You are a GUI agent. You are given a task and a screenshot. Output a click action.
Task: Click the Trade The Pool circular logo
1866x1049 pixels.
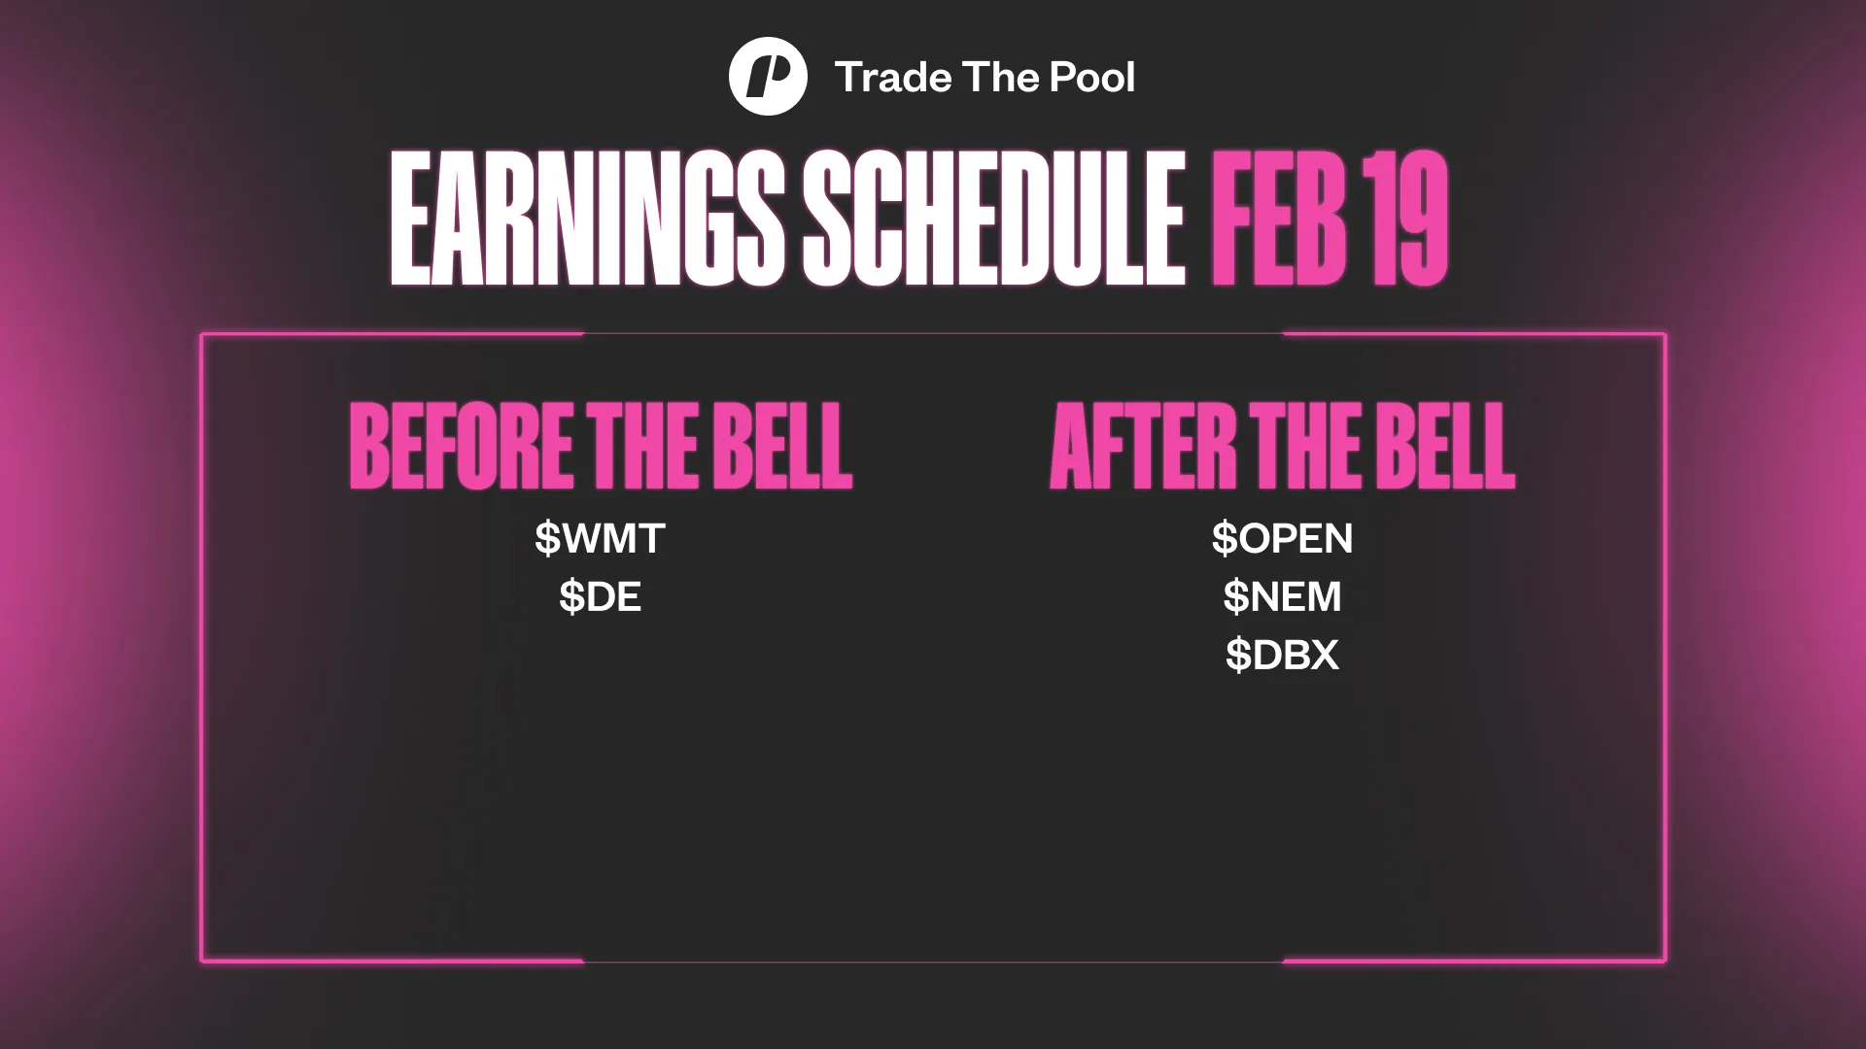coord(768,77)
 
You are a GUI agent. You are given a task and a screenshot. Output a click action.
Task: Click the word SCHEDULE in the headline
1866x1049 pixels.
coord(993,220)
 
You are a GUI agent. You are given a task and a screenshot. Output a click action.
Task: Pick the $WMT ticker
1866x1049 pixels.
coord(600,538)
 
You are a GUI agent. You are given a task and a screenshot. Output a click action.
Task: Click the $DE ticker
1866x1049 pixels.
coord(600,596)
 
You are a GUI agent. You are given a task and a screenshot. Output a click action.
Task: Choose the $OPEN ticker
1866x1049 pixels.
coord(1282,538)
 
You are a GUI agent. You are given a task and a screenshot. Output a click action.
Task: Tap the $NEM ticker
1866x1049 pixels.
coord(1282,596)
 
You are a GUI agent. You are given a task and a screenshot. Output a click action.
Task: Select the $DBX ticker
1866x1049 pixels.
coord(1282,656)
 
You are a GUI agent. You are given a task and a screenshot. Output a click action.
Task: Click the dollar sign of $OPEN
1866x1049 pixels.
coord(1224,538)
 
